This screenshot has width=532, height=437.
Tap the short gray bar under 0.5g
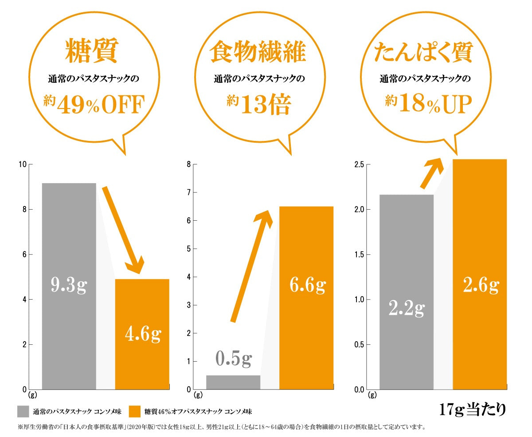233,382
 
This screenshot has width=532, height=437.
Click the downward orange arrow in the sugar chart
124,230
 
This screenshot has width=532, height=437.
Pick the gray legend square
23,411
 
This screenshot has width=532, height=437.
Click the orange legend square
135,411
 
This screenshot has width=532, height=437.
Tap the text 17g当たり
472,409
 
